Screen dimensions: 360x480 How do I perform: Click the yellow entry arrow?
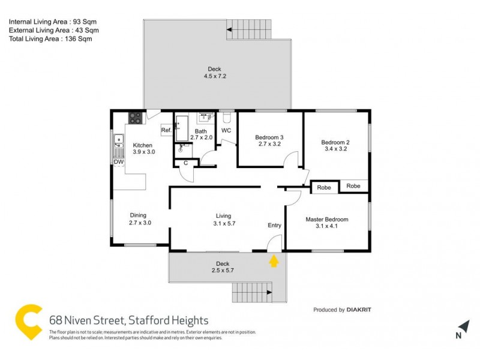click(x=274, y=261)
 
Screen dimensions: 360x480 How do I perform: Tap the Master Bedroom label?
click(x=326, y=220)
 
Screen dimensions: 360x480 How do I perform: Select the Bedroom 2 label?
click(x=336, y=142)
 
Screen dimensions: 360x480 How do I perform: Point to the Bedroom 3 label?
click(x=269, y=137)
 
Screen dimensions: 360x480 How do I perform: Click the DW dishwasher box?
click(x=118, y=162)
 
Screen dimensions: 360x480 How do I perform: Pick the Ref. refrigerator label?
click(x=166, y=130)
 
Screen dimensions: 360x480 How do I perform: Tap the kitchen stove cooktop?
click(x=136, y=118)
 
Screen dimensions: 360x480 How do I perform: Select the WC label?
click(x=226, y=130)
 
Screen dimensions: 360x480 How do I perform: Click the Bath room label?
click(x=200, y=131)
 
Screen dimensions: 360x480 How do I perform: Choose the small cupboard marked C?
click(x=185, y=163)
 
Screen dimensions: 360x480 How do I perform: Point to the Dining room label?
click(x=138, y=215)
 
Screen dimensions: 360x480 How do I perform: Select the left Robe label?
click(x=324, y=188)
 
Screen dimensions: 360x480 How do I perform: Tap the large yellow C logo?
click(x=28, y=323)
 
